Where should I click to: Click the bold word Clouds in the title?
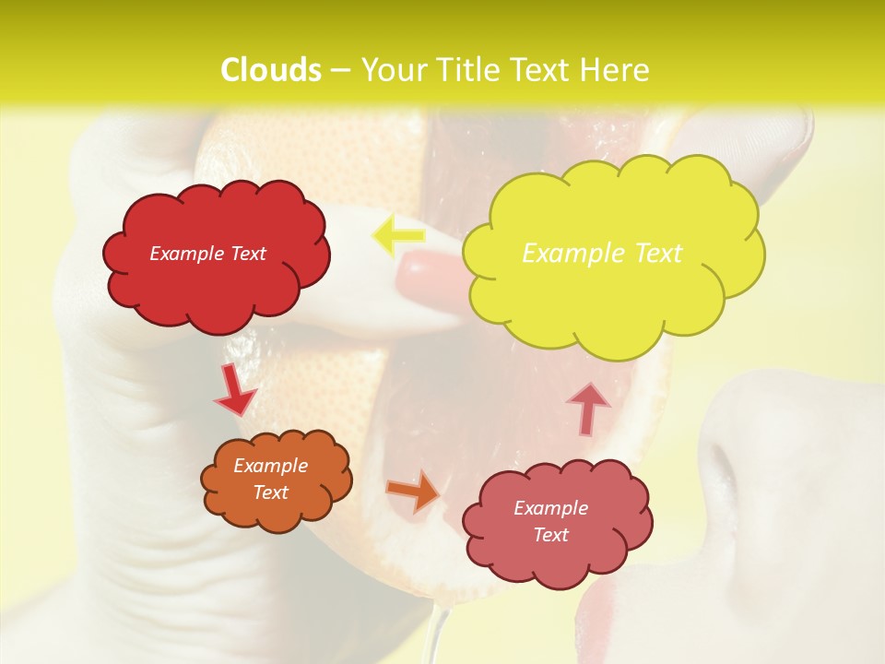pos(271,70)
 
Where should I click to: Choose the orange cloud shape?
pos(276,480)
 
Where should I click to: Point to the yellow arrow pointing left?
pos(397,236)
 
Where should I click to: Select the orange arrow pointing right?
pos(414,491)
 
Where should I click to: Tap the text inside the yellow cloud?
pos(602,253)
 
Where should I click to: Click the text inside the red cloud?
pos(207,254)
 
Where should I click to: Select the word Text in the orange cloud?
pos(270,492)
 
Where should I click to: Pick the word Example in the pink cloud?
pos(550,508)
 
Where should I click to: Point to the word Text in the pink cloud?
pos(550,535)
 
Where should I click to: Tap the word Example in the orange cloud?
pos(270,466)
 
